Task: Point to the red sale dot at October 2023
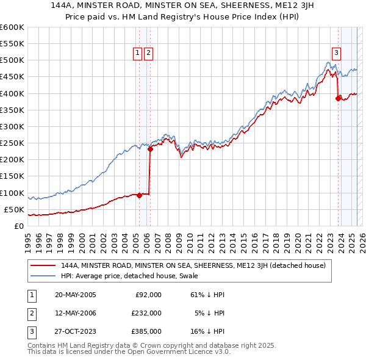338,98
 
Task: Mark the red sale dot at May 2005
139,195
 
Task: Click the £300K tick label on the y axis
12,126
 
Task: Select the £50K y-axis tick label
14,209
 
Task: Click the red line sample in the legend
43,265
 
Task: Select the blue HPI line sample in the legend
43,275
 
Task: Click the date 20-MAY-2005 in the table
75,295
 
